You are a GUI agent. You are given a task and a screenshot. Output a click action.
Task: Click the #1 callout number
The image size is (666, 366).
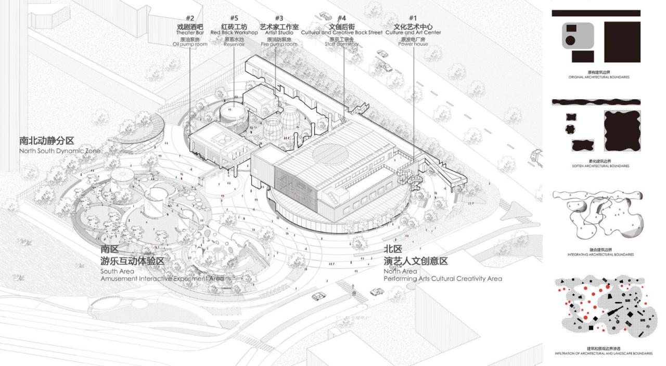413,18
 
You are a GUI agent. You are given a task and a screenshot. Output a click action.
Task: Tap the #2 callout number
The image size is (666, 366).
190,18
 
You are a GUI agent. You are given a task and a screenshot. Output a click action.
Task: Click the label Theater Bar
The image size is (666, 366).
189,32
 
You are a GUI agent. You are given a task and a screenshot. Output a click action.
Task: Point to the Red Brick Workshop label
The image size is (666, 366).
234,32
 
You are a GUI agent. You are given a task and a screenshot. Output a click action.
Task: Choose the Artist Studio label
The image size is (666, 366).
279,32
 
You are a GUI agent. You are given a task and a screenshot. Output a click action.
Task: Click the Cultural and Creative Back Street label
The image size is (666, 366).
341,32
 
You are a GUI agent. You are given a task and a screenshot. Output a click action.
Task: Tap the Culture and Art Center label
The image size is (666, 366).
413,32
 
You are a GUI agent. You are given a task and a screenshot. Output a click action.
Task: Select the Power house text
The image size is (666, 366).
413,44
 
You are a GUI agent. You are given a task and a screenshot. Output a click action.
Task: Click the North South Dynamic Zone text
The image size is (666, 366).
60,151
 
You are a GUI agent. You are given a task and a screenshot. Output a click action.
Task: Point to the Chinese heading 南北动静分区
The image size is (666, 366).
47,141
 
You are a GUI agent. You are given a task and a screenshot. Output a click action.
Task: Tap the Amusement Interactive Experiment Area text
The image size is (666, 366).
162,279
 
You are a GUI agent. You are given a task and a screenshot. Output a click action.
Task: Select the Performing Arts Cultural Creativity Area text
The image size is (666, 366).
443,279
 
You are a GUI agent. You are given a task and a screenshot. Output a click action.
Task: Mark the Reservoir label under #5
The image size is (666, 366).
234,44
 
